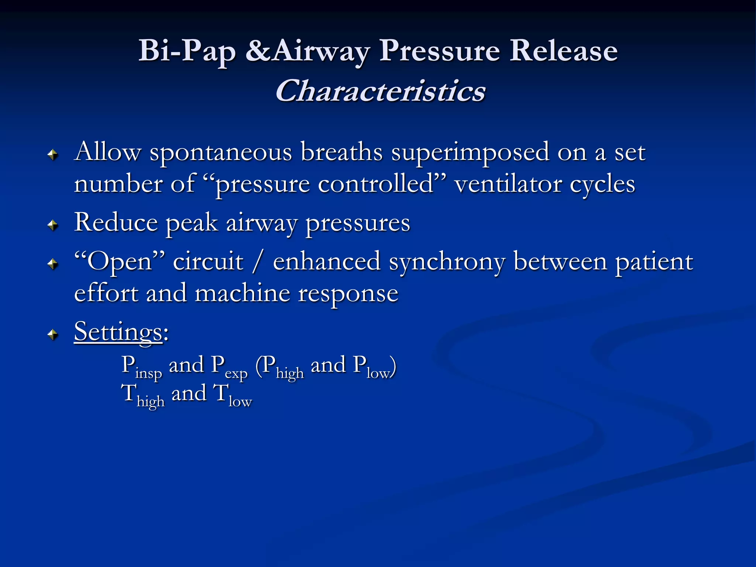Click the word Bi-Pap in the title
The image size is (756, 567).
tap(187, 51)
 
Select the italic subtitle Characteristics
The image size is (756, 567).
tap(380, 91)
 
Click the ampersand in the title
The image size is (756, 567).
tap(258, 51)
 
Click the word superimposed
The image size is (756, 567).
tap(470, 152)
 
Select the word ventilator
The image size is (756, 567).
tap(508, 184)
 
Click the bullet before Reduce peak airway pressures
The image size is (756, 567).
tap(54, 225)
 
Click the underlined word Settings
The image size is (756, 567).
tap(118, 331)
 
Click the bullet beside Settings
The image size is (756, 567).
tap(54, 334)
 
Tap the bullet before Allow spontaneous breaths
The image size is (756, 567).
tap(54, 155)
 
